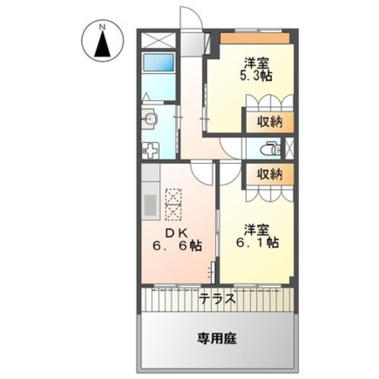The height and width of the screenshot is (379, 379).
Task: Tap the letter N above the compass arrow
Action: click(x=102, y=27)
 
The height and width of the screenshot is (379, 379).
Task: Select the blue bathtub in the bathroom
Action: click(x=159, y=62)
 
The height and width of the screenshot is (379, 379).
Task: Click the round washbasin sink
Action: click(x=150, y=118)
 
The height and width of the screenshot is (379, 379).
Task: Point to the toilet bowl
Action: click(x=271, y=149)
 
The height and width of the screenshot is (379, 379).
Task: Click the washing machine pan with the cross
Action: click(x=150, y=150)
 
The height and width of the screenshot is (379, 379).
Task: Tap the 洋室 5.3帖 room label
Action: click(x=256, y=70)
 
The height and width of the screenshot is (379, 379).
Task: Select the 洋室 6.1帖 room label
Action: click(x=257, y=236)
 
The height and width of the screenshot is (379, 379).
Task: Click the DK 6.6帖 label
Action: click(x=177, y=239)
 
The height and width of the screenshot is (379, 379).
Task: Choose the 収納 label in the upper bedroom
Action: click(x=269, y=122)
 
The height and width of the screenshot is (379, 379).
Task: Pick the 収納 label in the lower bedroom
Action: click(x=269, y=174)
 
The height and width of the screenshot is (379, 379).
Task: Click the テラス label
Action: click(x=217, y=298)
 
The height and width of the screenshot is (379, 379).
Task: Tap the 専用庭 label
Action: click(x=217, y=338)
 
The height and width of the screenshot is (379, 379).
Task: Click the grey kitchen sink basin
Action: click(x=150, y=205)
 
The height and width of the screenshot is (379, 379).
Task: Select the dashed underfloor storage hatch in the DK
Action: click(x=174, y=204)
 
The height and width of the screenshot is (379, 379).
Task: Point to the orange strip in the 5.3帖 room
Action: click(x=255, y=38)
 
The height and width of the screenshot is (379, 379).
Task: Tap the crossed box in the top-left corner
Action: click(x=158, y=40)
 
